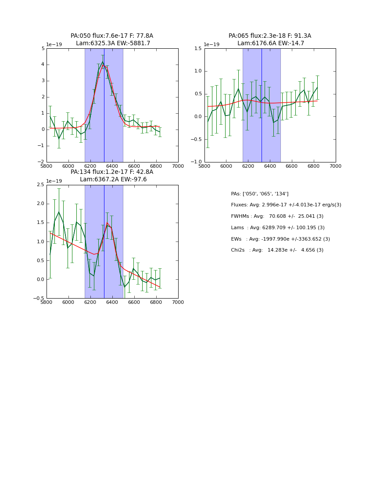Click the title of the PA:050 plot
pyautogui.click(x=112, y=40)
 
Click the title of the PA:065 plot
pyautogui.click(x=270, y=40)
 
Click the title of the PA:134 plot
pyautogui.click(x=112, y=176)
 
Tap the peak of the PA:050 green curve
pyautogui.click(x=103, y=61)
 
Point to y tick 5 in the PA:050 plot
pyautogui.click(x=43, y=48)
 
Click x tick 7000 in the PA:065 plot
pyautogui.click(x=335, y=166)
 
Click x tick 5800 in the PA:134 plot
pyautogui.click(x=47, y=303)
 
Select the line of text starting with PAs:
pyautogui.click(x=259, y=194)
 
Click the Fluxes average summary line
pyautogui.click(x=286, y=205)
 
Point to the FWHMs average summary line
pyautogui.click(x=277, y=216)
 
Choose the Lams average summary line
pyautogui.click(x=278, y=227)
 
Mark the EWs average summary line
pyautogui.click(x=280, y=239)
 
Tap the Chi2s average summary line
pyautogui.click(x=277, y=250)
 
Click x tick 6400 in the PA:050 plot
pyautogui.click(x=112, y=166)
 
